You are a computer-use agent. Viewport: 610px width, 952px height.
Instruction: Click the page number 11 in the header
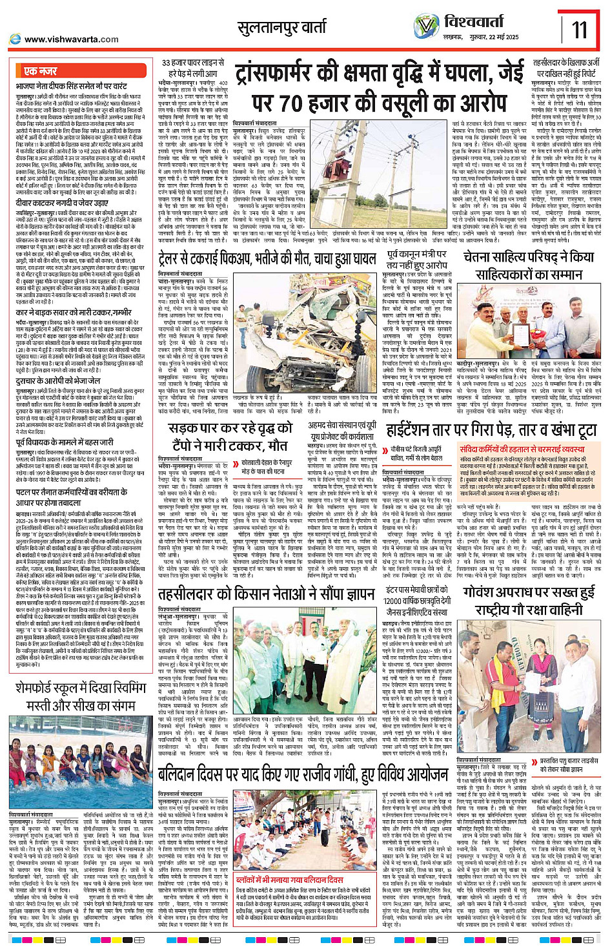point(579,29)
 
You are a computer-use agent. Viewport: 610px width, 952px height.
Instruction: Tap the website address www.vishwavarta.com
point(71,39)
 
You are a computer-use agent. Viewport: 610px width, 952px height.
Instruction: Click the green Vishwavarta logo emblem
point(427,26)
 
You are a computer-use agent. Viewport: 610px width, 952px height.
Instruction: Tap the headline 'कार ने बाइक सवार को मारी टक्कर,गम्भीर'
point(74,312)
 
